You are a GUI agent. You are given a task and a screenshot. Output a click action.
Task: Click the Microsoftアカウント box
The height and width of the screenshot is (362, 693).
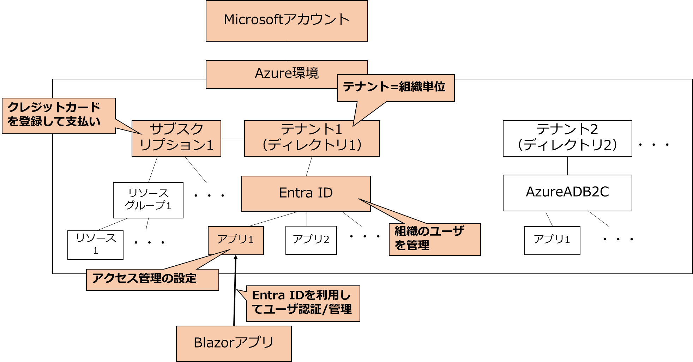[x=287, y=20]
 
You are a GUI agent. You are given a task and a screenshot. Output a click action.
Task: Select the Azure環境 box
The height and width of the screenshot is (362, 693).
[x=272, y=74]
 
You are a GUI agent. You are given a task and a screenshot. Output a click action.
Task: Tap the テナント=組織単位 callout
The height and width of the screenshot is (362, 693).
[x=395, y=88]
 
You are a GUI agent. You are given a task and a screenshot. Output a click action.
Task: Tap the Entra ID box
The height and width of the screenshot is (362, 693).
[x=306, y=193]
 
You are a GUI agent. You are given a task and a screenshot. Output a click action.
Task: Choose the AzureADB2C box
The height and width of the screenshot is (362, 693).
[x=567, y=193]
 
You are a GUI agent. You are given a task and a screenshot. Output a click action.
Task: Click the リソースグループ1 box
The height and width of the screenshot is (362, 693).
[x=148, y=200]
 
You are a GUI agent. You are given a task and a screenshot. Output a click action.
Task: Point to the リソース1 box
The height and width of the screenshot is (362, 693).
[x=95, y=245]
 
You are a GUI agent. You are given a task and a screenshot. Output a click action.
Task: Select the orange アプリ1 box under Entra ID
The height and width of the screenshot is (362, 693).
[x=235, y=240]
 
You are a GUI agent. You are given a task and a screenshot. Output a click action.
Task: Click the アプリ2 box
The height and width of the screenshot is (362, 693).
[x=311, y=240]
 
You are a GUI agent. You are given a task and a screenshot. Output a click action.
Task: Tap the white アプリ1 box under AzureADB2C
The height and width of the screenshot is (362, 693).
[x=552, y=240]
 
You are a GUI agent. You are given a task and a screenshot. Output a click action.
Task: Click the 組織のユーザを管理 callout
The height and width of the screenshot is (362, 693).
[x=434, y=239]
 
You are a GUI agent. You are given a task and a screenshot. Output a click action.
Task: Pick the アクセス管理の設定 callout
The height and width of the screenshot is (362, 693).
[x=152, y=279]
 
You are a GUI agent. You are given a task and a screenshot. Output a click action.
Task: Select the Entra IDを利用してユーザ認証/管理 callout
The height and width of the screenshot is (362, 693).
[x=303, y=303]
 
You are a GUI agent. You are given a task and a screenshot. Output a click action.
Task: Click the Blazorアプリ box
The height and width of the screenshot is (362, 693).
[x=234, y=343]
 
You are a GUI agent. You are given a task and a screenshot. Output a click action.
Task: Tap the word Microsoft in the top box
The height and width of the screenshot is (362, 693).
[x=253, y=20]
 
